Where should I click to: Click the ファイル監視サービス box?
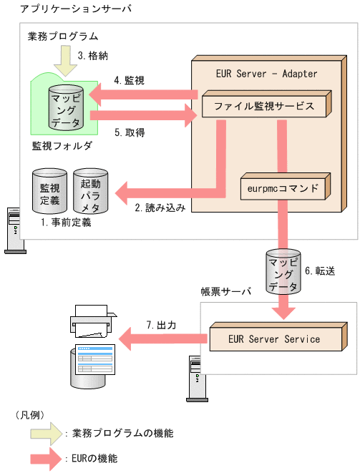click(x=264, y=106)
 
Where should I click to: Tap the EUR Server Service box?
click(x=273, y=338)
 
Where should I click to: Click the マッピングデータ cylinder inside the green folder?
click(x=65, y=108)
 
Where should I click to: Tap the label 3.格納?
click(x=93, y=55)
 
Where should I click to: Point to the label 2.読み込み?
click(x=160, y=208)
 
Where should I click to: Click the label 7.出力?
click(x=161, y=325)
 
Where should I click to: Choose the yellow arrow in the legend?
click(x=43, y=434)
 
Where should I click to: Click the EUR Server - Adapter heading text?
click(x=266, y=74)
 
